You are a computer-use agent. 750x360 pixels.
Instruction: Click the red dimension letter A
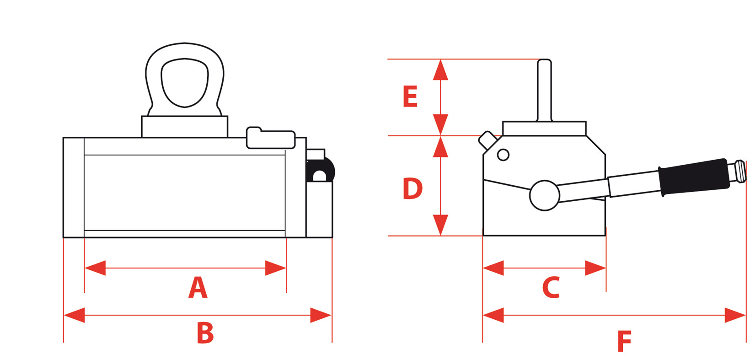pyautogui.click(x=198, y=288)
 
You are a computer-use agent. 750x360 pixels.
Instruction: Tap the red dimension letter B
pyautogui.click(x=205, y=333)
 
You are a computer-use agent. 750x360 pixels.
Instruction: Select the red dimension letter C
pyautogui.click(x=551, y=288)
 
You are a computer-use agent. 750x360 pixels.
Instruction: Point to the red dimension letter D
pyautogui.click(x=412, y=188)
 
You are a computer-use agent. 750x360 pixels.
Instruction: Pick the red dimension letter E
pyautogui.click(x=410, y=97)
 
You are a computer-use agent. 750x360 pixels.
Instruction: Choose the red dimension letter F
pyautogui.click(x=624, y=341)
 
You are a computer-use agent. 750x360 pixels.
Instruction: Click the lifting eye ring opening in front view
pyautogui.click(x=185, y=82)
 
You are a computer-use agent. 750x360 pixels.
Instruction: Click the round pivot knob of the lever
pyautogui.click(x=545, y=195)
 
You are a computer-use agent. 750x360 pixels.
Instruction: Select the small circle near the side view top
pyautogui.click(x=503, y=155)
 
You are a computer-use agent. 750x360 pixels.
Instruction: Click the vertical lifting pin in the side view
pyautogui.click(x=544, y=90)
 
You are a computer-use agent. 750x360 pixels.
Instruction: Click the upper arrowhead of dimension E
pyautogui.click(x=440, y=70)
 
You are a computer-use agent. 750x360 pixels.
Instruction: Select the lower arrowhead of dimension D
pyautogui.click(x=440, y=225)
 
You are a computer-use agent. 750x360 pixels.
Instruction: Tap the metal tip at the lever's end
pyautogui.click(x=740, y=170)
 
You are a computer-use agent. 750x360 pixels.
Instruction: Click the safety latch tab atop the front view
pyautogui.click(x=270, y=139)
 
